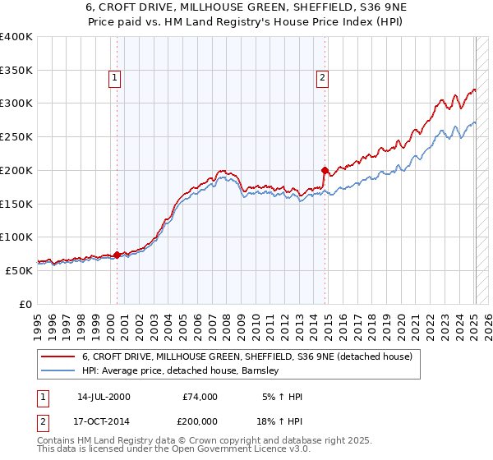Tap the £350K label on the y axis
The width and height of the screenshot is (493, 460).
click(x=16, y=71)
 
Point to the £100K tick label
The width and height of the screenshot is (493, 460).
click(x=16, y=237)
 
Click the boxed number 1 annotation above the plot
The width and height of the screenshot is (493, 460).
click(x=113, y=78)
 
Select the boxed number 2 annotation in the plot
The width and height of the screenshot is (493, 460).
click(x=322, y=78)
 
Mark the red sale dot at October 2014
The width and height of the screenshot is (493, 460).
click(x=325, y=171)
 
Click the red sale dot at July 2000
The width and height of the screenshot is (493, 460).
click(x=117, y=255)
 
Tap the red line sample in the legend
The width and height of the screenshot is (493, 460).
click(x=58, y=356)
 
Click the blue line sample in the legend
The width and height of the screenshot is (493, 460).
click(x=58, y=370)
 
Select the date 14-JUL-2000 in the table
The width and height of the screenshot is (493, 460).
click(x=104, y=397)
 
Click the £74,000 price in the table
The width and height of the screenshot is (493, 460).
click(x=200, y=397)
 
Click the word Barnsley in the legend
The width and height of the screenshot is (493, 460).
click(x=260, y=370)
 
